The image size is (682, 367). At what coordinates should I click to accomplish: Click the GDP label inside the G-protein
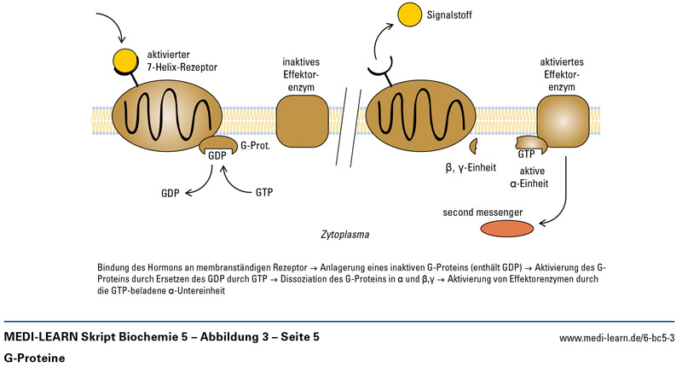(x=219, y=154)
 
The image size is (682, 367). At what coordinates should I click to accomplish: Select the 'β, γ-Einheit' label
(x=471, y=167)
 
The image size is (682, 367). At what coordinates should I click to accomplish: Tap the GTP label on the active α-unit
(x=526, y=154)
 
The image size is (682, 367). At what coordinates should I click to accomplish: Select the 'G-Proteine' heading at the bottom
(x=33, y=356)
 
